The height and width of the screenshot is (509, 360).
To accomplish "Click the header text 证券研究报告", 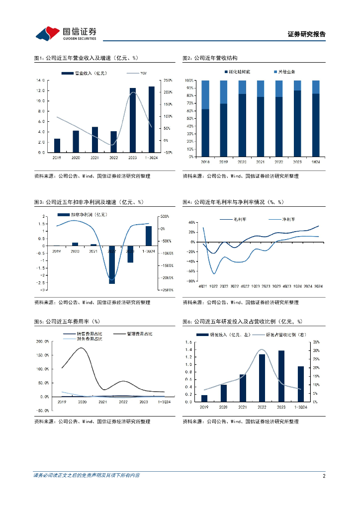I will point(306,34).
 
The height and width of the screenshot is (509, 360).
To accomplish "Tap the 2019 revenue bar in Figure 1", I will point(57,145).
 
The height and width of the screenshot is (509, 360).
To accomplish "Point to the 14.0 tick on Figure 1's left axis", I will point(41,80).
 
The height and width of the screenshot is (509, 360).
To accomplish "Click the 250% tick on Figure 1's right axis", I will point(168,80).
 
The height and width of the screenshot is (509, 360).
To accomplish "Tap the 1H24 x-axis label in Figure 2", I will point(316,162).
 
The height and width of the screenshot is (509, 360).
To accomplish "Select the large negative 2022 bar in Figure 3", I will point(112,264).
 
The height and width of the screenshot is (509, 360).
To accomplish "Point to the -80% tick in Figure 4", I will point(190,281).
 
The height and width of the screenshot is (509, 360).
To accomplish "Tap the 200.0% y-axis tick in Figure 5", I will point(41,341).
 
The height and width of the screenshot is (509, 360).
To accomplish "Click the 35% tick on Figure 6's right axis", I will point(317,342).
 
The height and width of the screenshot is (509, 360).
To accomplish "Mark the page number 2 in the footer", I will point(324,476).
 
